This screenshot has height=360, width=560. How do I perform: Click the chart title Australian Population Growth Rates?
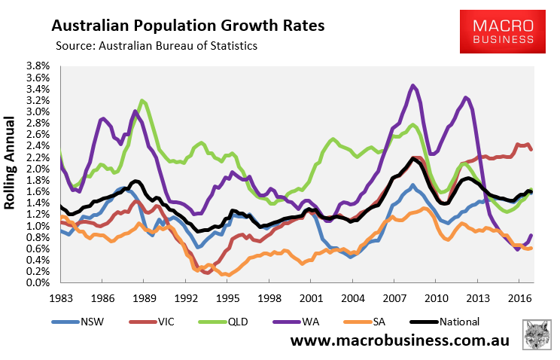[187, 26]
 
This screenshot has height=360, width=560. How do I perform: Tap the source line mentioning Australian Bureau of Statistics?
[157, 47]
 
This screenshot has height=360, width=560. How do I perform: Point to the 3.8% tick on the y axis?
[38, 66]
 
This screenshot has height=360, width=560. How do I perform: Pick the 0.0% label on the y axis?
[38, 283]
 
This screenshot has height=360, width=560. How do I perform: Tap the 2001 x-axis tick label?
[307, 297]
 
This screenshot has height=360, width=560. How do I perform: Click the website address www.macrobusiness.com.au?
[400, 340]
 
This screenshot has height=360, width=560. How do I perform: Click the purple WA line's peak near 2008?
[412, 86]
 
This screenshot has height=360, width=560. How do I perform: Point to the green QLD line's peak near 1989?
[142, 100]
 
